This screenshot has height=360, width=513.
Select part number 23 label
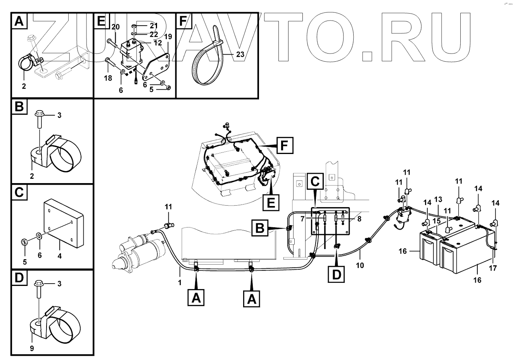coord(240,55)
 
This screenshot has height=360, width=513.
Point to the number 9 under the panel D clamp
coord(32,348)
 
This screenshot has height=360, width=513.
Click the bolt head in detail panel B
coord(39,114)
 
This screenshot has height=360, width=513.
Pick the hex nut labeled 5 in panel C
coord(24,243)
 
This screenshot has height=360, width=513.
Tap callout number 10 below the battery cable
coord(360,265)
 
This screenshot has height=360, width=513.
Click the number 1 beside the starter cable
coord(180,283)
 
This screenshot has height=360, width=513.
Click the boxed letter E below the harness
coord(271,202)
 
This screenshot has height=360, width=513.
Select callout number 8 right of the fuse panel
coord(359,219)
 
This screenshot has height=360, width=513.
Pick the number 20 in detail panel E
coord(116,27)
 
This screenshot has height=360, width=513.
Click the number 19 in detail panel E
coord(168,37)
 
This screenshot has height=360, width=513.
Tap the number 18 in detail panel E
coord(108,78)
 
